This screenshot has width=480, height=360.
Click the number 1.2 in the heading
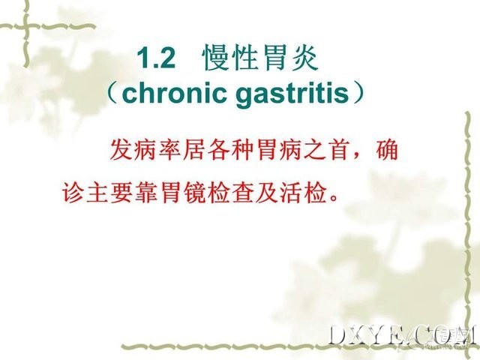pos(156,58)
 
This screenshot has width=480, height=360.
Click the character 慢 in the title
pos(216,58)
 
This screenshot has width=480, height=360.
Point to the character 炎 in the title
pos(304,58)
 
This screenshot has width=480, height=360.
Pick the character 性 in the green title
pos(245,58)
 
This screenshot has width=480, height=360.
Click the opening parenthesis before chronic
pos(113,93)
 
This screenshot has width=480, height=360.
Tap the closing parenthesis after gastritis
pos(358,93)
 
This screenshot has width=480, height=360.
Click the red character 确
pos(387,150)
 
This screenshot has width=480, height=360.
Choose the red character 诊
pos(73,193)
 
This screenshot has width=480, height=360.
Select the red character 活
pos(291,193)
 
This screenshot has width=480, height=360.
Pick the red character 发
pos(121,150)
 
